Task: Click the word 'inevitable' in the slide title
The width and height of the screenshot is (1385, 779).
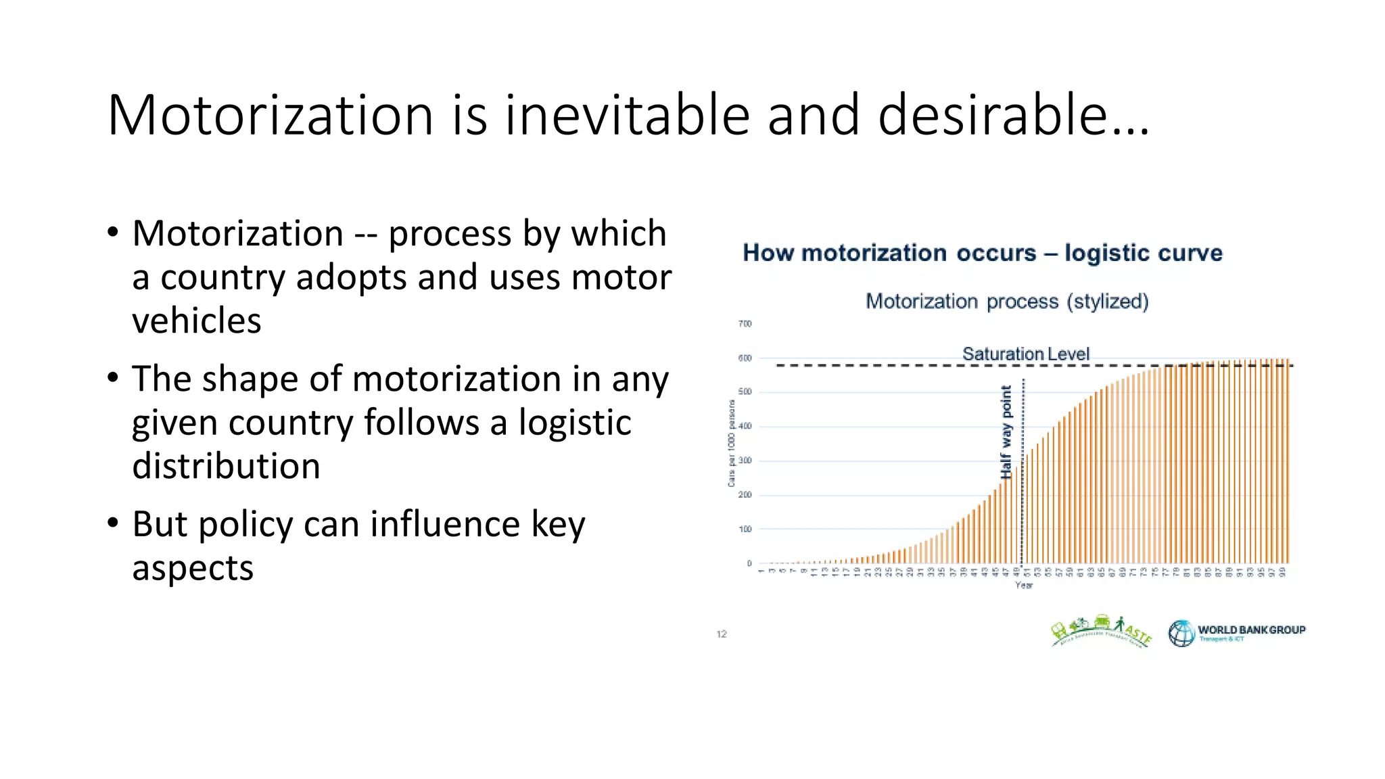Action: tap(627, 115)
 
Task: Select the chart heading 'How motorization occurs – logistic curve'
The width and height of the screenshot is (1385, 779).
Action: tap(983, 253)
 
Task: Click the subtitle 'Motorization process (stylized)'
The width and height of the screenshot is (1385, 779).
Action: tap(1007, 301)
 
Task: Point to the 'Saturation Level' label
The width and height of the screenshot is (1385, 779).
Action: tap(1025, 354)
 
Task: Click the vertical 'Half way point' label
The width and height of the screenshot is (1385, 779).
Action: tap(1006, 432)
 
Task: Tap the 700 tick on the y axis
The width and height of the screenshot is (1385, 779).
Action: tap(745, 324)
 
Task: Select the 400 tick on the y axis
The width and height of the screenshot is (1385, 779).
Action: tap(745, 427)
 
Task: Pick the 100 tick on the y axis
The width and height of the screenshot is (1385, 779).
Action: tap(745, 529)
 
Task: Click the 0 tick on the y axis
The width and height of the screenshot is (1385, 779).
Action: tap(749, 563)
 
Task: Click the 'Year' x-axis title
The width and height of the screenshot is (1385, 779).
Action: tap(1023, 585)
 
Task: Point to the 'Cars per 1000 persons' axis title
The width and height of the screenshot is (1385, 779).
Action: tap(731, 443)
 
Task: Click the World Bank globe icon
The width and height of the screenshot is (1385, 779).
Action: tap(1181, 634)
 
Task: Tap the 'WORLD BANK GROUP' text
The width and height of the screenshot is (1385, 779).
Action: tap(1251, 630)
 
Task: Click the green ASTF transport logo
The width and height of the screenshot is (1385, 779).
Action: tap(1100, 632)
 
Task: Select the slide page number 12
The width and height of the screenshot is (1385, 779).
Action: tap(722, 634)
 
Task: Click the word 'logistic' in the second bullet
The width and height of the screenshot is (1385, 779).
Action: tap(575, 423)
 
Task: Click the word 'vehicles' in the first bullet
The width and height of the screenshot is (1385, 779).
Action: tap(196, 321)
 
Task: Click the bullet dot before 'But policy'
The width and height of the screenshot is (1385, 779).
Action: tap(113, 523)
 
